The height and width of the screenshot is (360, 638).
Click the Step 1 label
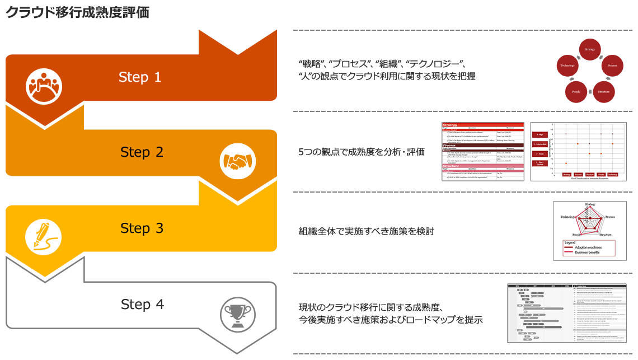pos(140,77)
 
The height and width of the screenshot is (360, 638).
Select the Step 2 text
pos(142,152)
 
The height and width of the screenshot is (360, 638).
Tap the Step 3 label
pos(142,228)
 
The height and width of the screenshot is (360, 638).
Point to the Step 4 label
pos(142,305)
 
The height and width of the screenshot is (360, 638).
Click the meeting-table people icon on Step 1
pos(44,86)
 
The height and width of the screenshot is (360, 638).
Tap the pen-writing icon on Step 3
pos(43,236)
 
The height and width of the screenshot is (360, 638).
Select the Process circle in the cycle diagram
pos(612,66)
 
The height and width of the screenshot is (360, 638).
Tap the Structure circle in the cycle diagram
pos(603,91)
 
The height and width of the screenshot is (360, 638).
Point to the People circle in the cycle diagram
pos(576,91)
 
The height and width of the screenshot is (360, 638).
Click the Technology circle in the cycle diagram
pos(567,66)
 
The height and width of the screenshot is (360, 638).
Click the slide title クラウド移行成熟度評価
pos(78,13)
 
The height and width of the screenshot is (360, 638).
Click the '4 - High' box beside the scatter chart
pos(540,134)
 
